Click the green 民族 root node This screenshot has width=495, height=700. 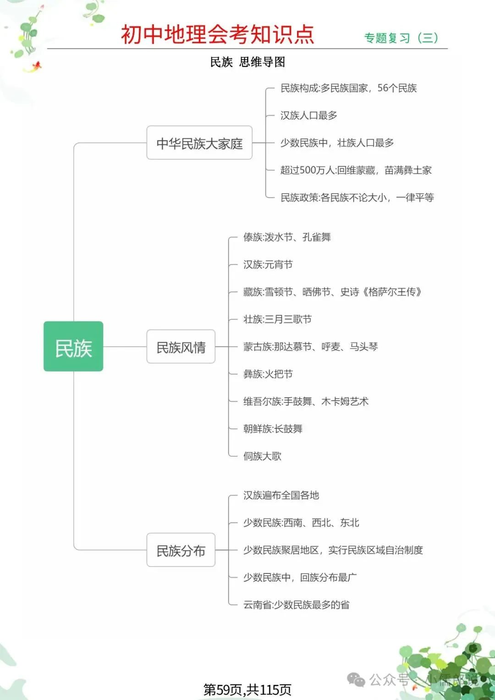point(73,347)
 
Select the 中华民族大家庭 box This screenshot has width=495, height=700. point(199,143)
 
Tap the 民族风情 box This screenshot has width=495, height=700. point(181,347)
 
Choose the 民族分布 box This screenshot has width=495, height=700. point(181,550)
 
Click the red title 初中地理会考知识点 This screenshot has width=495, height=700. point(217,34)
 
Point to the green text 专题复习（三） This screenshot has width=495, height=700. point(401,38)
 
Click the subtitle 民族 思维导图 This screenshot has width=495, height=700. point(247,62)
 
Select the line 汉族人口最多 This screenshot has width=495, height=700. point(308,115)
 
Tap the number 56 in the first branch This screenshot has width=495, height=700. point(383,88)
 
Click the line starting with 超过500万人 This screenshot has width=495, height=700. point(356,170)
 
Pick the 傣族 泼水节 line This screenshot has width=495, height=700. point(287,237)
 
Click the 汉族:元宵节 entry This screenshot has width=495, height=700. point(268,265)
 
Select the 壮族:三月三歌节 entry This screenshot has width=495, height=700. point(277,319)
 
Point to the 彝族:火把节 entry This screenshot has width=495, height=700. point(268,374)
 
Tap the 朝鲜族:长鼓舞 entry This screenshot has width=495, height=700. point(273,429)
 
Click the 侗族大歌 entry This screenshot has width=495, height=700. point(262,456)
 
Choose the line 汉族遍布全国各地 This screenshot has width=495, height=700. point(281,495)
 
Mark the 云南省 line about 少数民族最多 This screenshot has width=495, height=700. point(296,605)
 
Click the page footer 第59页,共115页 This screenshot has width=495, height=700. point(247,689)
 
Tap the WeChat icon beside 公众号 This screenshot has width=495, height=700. point(356,679)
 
